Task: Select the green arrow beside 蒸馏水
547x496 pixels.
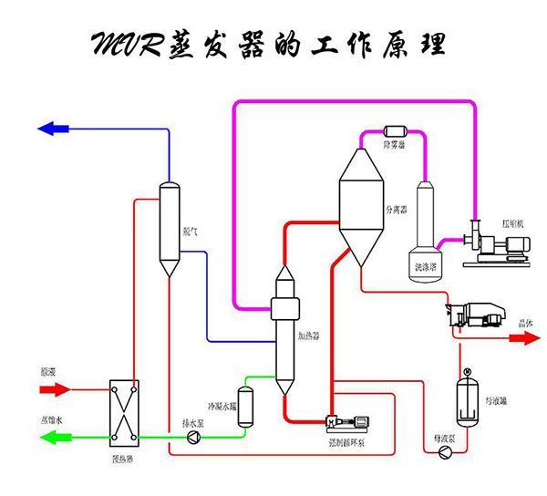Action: coord(55,439)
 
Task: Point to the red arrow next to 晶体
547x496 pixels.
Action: coord(523,337)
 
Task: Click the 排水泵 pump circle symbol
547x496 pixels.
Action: coord(192,439)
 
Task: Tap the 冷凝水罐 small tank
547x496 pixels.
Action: coord(244,408)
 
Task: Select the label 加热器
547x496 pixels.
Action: coord(309,336)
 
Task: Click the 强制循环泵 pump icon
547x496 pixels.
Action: coord(346,424)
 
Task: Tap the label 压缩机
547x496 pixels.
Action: coord(511,222)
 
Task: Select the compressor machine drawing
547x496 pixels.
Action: coord(493,245)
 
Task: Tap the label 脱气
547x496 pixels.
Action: coord(191,232)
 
